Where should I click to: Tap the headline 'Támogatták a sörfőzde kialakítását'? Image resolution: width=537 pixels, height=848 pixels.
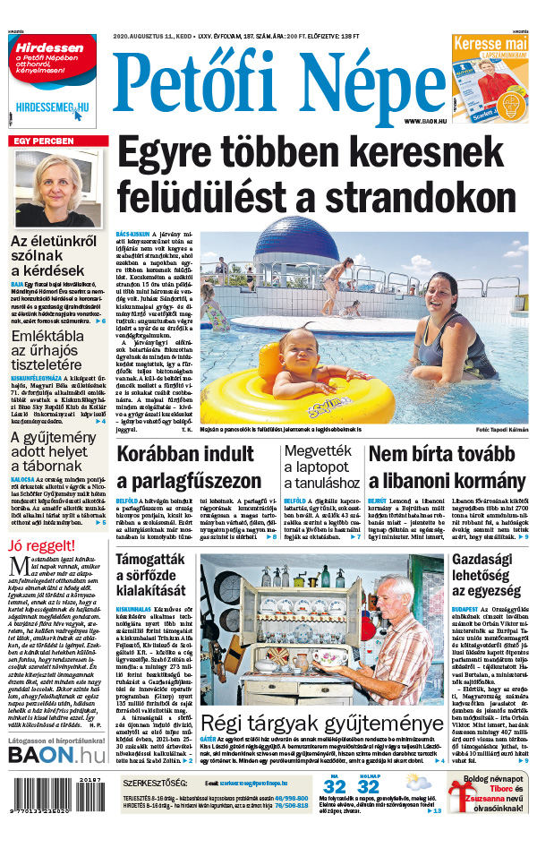(152, 576)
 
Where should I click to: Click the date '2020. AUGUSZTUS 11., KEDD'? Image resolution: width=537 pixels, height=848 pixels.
(160, 37)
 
